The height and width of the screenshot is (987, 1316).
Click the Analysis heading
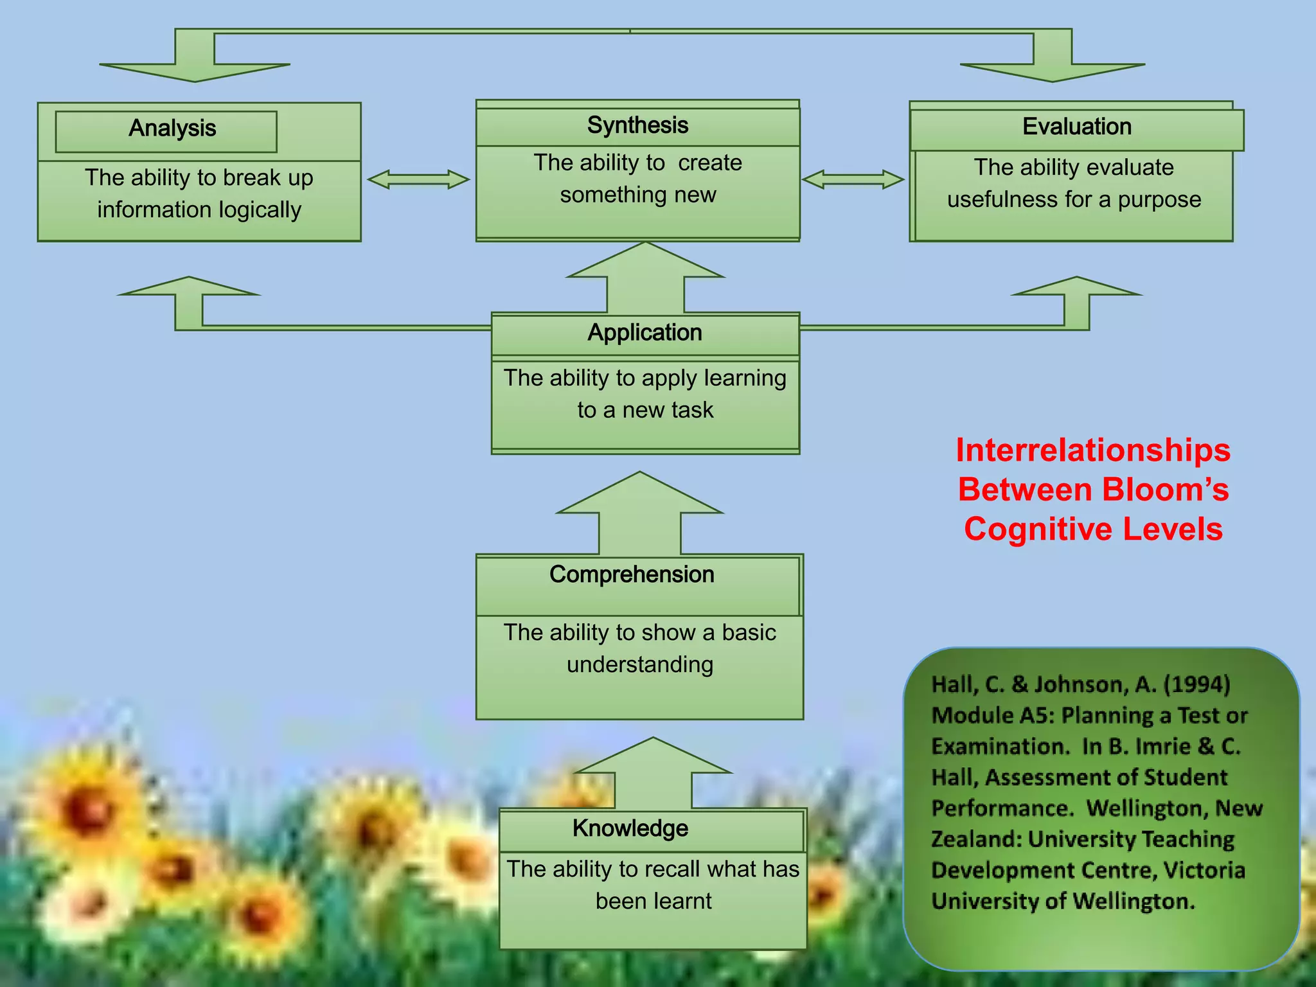[x=172, y=129]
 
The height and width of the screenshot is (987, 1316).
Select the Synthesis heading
[x=637, y=125]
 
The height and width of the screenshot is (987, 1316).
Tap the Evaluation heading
[x=1077, y=127]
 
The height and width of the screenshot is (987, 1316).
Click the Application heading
[x=645, y=333]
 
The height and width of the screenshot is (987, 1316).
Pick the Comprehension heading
[x=632, y=574]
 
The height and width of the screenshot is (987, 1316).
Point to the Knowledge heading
[x=630, y=828]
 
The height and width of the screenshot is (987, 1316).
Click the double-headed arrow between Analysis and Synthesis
[x=418, y=179]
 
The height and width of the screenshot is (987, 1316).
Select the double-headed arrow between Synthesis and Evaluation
[x=853, y=179]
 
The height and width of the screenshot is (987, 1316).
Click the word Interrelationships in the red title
[x=1093, y=450]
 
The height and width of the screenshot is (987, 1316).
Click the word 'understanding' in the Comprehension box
[x=640, y=664]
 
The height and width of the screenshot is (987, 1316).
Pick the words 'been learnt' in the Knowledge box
[x=654, y=901]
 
